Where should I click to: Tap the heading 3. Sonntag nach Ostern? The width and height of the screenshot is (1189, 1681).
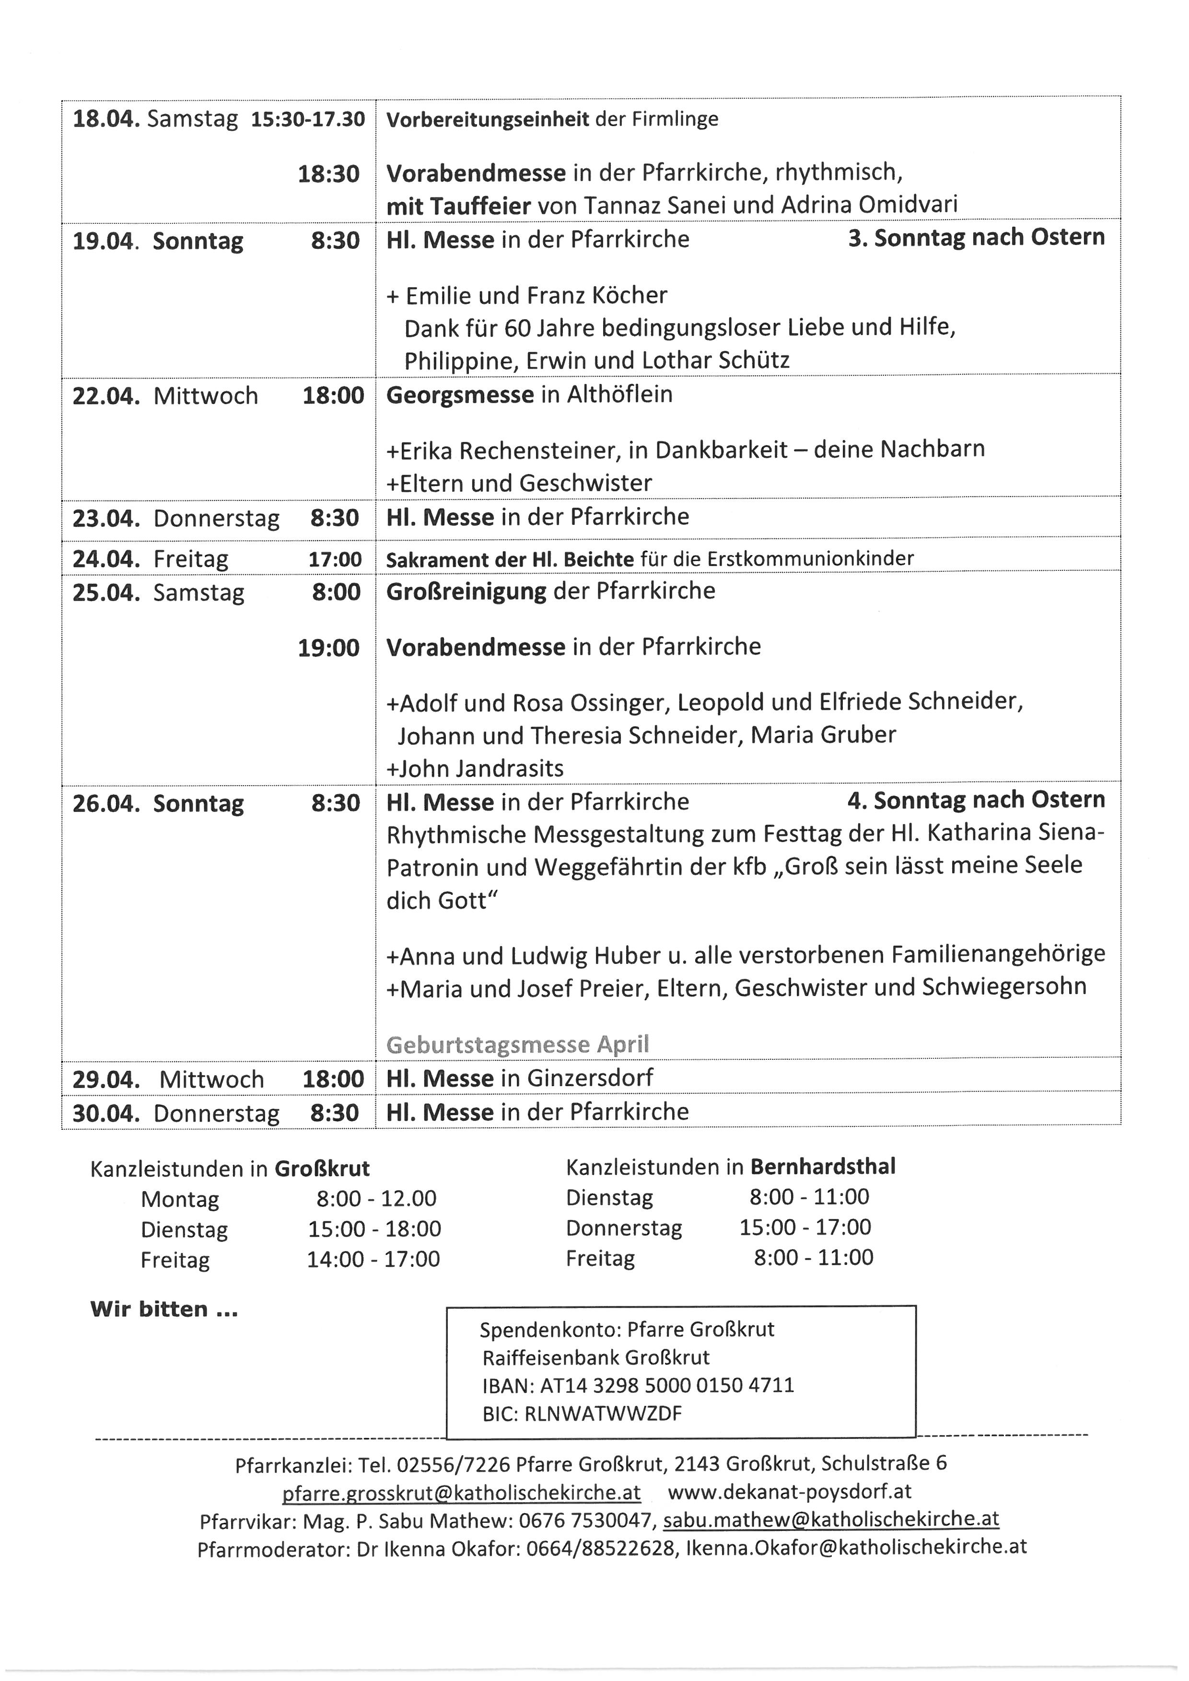(976, 237)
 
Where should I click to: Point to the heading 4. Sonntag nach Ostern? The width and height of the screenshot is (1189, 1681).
(976, 800)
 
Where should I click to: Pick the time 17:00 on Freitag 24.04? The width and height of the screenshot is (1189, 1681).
(335, 559)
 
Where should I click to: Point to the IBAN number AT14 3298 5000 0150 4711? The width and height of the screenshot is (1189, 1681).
(666, 1385)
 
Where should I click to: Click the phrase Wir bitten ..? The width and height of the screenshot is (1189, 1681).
(164, 1310)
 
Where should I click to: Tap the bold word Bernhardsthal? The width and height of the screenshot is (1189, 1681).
(822, 1166)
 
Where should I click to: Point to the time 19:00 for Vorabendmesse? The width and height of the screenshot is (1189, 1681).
(329, 648)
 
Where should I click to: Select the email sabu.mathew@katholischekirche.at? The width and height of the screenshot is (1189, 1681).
(831, 1519)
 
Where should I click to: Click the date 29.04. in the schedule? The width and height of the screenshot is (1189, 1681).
(105, 1079)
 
